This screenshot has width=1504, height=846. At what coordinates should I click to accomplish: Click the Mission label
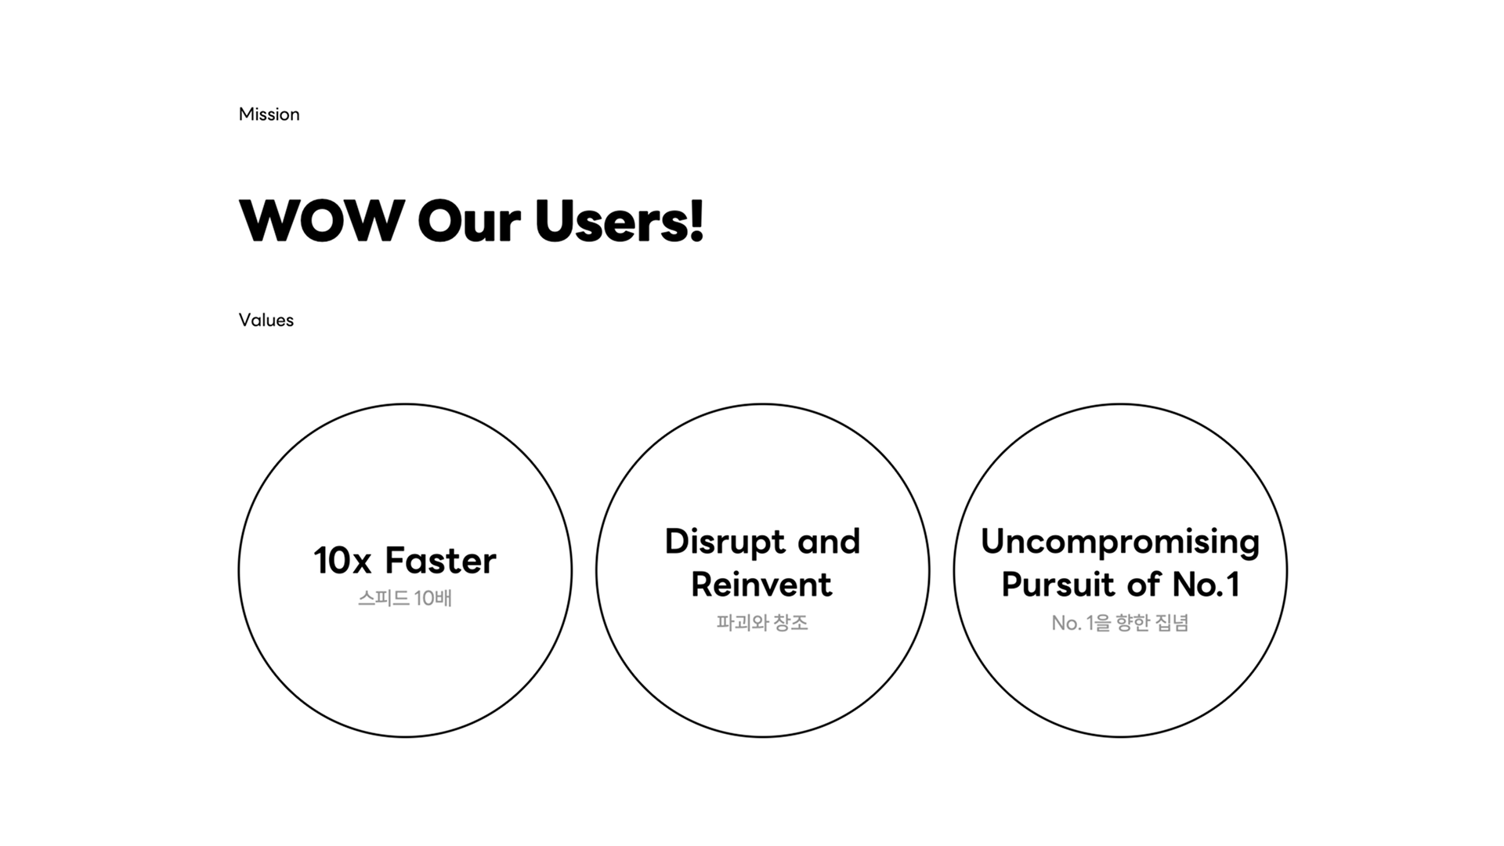(x=269, y=114)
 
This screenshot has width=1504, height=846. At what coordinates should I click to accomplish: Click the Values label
(x=266, y=320)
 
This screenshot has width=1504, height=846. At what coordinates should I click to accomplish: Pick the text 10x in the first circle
(x=342, y=561)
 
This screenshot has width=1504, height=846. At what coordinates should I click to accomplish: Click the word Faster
(x=440, y=561)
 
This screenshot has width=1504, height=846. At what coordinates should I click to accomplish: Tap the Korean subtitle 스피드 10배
(x=405, y=598)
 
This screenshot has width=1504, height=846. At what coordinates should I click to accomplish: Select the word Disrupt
(x=725, y=542)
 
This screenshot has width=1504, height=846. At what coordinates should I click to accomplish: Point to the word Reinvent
(x=761, y=584)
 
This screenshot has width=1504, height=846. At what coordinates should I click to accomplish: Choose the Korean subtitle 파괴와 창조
(x=762, y=623)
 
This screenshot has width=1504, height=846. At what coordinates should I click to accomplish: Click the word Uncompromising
(x=1120, y=542)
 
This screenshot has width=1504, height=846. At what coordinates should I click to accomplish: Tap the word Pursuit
(x=1057, y=584)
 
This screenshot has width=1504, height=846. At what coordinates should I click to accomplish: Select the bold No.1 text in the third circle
(x=1206, y=584)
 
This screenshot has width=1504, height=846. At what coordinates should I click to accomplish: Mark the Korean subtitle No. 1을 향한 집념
(x=1120, y=623)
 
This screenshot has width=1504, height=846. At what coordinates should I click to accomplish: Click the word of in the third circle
(x=1143, y=584)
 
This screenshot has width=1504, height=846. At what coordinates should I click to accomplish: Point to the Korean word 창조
(x=790, y=623)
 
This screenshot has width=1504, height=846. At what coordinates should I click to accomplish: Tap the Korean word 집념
(x=1172, y=623)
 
